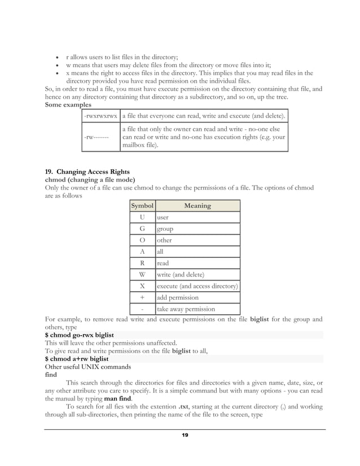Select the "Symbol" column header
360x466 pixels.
click(142, 206)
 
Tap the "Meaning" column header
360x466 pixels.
click(197, 206)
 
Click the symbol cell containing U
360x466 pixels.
click(142, 217)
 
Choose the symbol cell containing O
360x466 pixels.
click(142, 240)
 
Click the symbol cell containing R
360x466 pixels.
click(142, 263)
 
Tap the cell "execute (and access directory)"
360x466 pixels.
click(197, 286)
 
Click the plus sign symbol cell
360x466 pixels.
click(142, 297)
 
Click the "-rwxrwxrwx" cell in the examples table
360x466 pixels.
click(100, 116)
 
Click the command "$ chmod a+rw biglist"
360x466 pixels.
click(77, 358)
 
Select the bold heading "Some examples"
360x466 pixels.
click(67, 105)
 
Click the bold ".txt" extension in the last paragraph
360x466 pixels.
click(182, 406)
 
